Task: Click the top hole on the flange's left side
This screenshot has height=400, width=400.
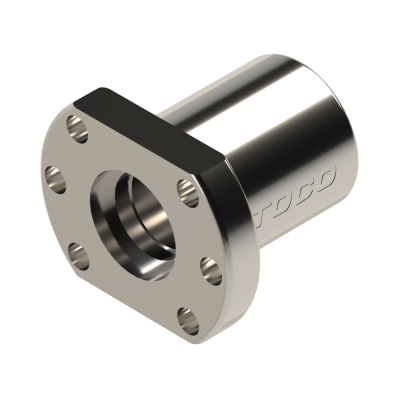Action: (71, 127)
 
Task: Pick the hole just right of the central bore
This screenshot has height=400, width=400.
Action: (183, 189)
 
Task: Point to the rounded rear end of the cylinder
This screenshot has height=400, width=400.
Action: (340, 110)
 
